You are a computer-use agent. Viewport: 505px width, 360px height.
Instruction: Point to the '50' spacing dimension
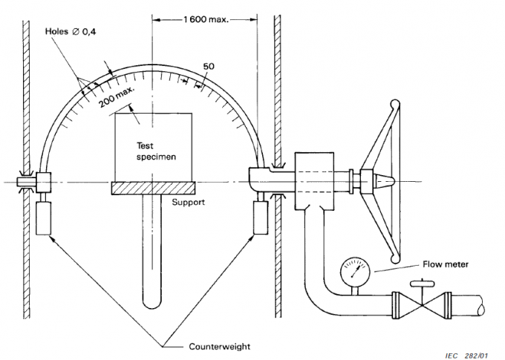(x=209, y=67)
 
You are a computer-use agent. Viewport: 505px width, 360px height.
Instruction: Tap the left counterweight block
(x=42, y=217)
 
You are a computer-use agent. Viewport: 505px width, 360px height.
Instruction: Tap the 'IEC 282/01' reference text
(x=469, y=353)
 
